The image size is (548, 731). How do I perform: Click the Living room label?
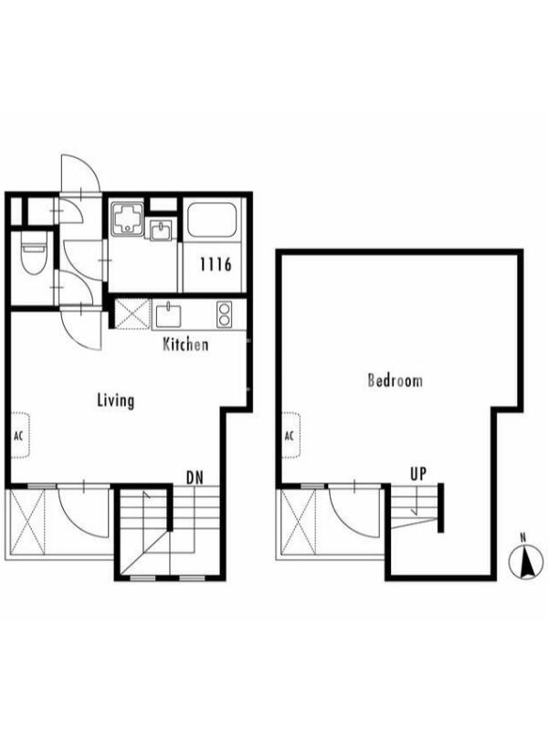point(116,400)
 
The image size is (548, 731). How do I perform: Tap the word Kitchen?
point(185,344)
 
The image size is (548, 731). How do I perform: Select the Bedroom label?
point(395,380)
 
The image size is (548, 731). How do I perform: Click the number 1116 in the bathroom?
point(216,264)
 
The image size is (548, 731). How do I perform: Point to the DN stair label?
point(195,477)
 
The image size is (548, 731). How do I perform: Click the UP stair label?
point(418,473)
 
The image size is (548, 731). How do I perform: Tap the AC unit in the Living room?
point(20,435)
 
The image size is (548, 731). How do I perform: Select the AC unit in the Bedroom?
point(290,435)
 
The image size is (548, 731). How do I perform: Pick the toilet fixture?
point(34,254)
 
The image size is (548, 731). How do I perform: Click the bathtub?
point(212,220)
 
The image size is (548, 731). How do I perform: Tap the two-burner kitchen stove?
point(224,314)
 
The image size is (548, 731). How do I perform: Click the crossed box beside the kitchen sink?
point(132,314)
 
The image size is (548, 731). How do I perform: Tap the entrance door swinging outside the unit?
point(80,173)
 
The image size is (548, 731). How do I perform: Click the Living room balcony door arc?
point(83,512)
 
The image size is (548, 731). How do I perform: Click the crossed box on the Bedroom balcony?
point(299,521)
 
